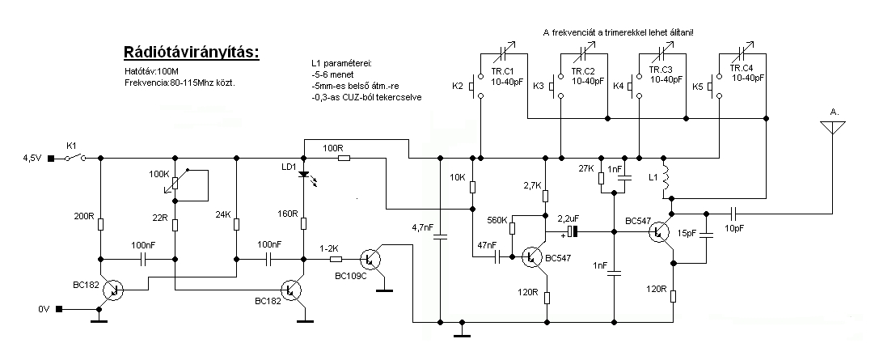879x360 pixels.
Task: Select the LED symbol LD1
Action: pos(304,174)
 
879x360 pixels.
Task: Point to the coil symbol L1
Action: pos(666,177)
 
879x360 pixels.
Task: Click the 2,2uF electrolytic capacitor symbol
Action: pos(571,231)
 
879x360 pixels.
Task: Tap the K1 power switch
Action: pos(74,158)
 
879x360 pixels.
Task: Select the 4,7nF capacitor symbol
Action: pos(440,236)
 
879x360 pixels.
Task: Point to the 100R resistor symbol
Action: pos(343,158)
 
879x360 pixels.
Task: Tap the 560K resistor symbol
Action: pos(512,227)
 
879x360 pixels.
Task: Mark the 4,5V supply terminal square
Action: pos(50,158)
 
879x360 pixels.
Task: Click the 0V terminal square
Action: pos(58,309)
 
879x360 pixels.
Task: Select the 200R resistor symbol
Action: pos(101,224)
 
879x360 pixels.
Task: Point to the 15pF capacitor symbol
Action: pos(706,236)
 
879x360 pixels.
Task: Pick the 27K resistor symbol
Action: pos(601,178)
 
